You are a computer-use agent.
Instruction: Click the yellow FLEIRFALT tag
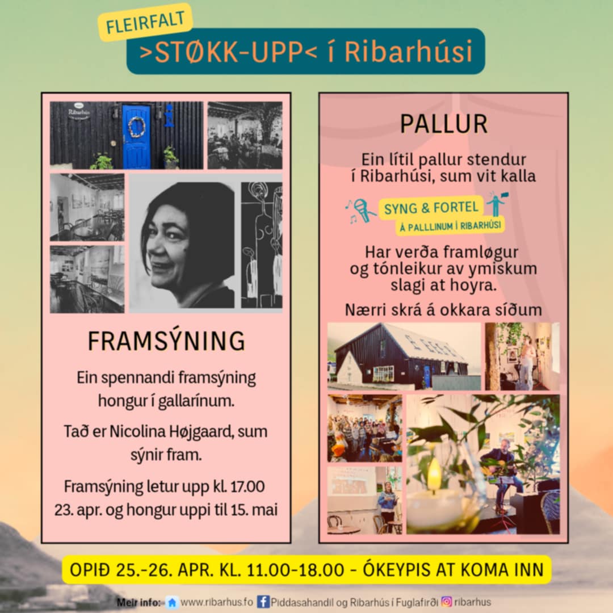coord(145,22)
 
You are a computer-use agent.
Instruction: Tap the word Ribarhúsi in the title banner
coord(409,51)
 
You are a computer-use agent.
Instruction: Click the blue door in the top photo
coord(136,136)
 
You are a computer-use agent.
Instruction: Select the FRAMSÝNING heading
coord(166,341)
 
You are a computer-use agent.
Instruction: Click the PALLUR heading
coord(444,124)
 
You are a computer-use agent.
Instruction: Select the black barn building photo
coord(404,356)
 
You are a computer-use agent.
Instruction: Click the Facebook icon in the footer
coord(263,602)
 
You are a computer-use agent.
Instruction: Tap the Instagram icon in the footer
coord(447,601)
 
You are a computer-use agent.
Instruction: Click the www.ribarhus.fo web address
coord(217,602)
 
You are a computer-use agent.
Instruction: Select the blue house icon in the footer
coord(171,602)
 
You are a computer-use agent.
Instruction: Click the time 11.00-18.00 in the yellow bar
coord(296,570)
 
